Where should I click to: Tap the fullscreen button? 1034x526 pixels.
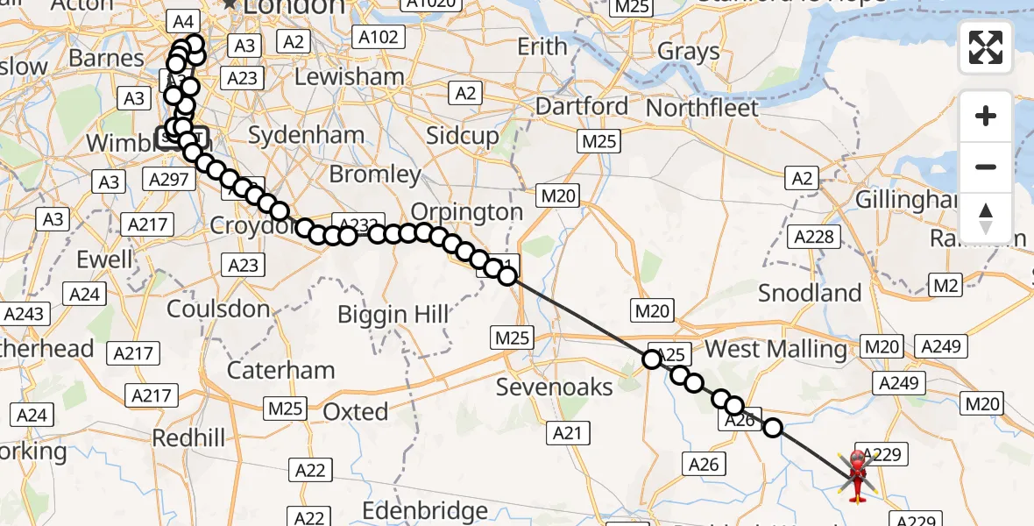pos(986,47)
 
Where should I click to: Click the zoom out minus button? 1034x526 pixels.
pos(986,167)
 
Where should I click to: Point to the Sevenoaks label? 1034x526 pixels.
pos(554,386)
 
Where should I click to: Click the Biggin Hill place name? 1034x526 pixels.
pos(393,314)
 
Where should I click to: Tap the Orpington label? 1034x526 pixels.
pos(466,212)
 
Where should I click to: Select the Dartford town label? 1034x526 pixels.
pos(582,107)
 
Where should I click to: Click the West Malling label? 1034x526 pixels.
pos(775,349)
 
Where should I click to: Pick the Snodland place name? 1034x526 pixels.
pos(810,292)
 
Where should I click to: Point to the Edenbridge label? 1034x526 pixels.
pos(425,511)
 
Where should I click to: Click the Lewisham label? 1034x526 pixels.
pos(350,77)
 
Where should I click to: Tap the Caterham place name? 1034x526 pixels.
pos(282,370)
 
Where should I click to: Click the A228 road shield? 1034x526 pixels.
pos(814,236)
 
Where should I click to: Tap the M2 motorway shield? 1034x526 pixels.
pos(946,284)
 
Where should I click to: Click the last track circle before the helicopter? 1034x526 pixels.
pos(773,427)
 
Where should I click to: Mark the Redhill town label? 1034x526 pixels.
pos(188,437)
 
